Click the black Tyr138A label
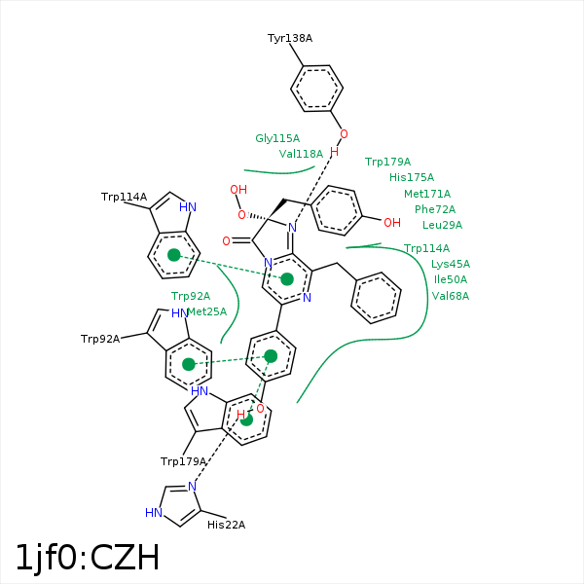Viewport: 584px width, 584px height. coord(290,38)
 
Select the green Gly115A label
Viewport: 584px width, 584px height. coord(277,138)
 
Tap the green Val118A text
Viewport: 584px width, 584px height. coord(301,154)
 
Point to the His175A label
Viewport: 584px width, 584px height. coord(412,177)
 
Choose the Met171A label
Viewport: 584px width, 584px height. coord(427,194)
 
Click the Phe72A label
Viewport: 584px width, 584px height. coord(435,209)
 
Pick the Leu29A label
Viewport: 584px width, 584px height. coord(442,225)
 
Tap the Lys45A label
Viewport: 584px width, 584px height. coord(451,264)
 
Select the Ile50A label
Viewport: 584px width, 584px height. coord(451,279)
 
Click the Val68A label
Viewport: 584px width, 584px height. coord(451,296)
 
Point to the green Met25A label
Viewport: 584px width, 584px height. coord(207,311)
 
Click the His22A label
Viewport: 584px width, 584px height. coord(226,525)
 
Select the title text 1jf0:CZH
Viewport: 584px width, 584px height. coord(88,558)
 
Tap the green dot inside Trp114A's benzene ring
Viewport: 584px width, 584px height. coord(174,255)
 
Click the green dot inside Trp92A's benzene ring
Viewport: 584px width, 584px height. coord(189,364)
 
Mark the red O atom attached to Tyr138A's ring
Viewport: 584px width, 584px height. coord(344,134)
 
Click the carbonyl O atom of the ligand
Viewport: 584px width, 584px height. coord(226,241)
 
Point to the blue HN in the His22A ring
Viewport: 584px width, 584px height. coord(154,513)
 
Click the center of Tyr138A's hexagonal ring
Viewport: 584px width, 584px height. coord(316,89)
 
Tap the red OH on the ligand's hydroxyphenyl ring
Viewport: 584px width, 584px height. coord(392,223)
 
